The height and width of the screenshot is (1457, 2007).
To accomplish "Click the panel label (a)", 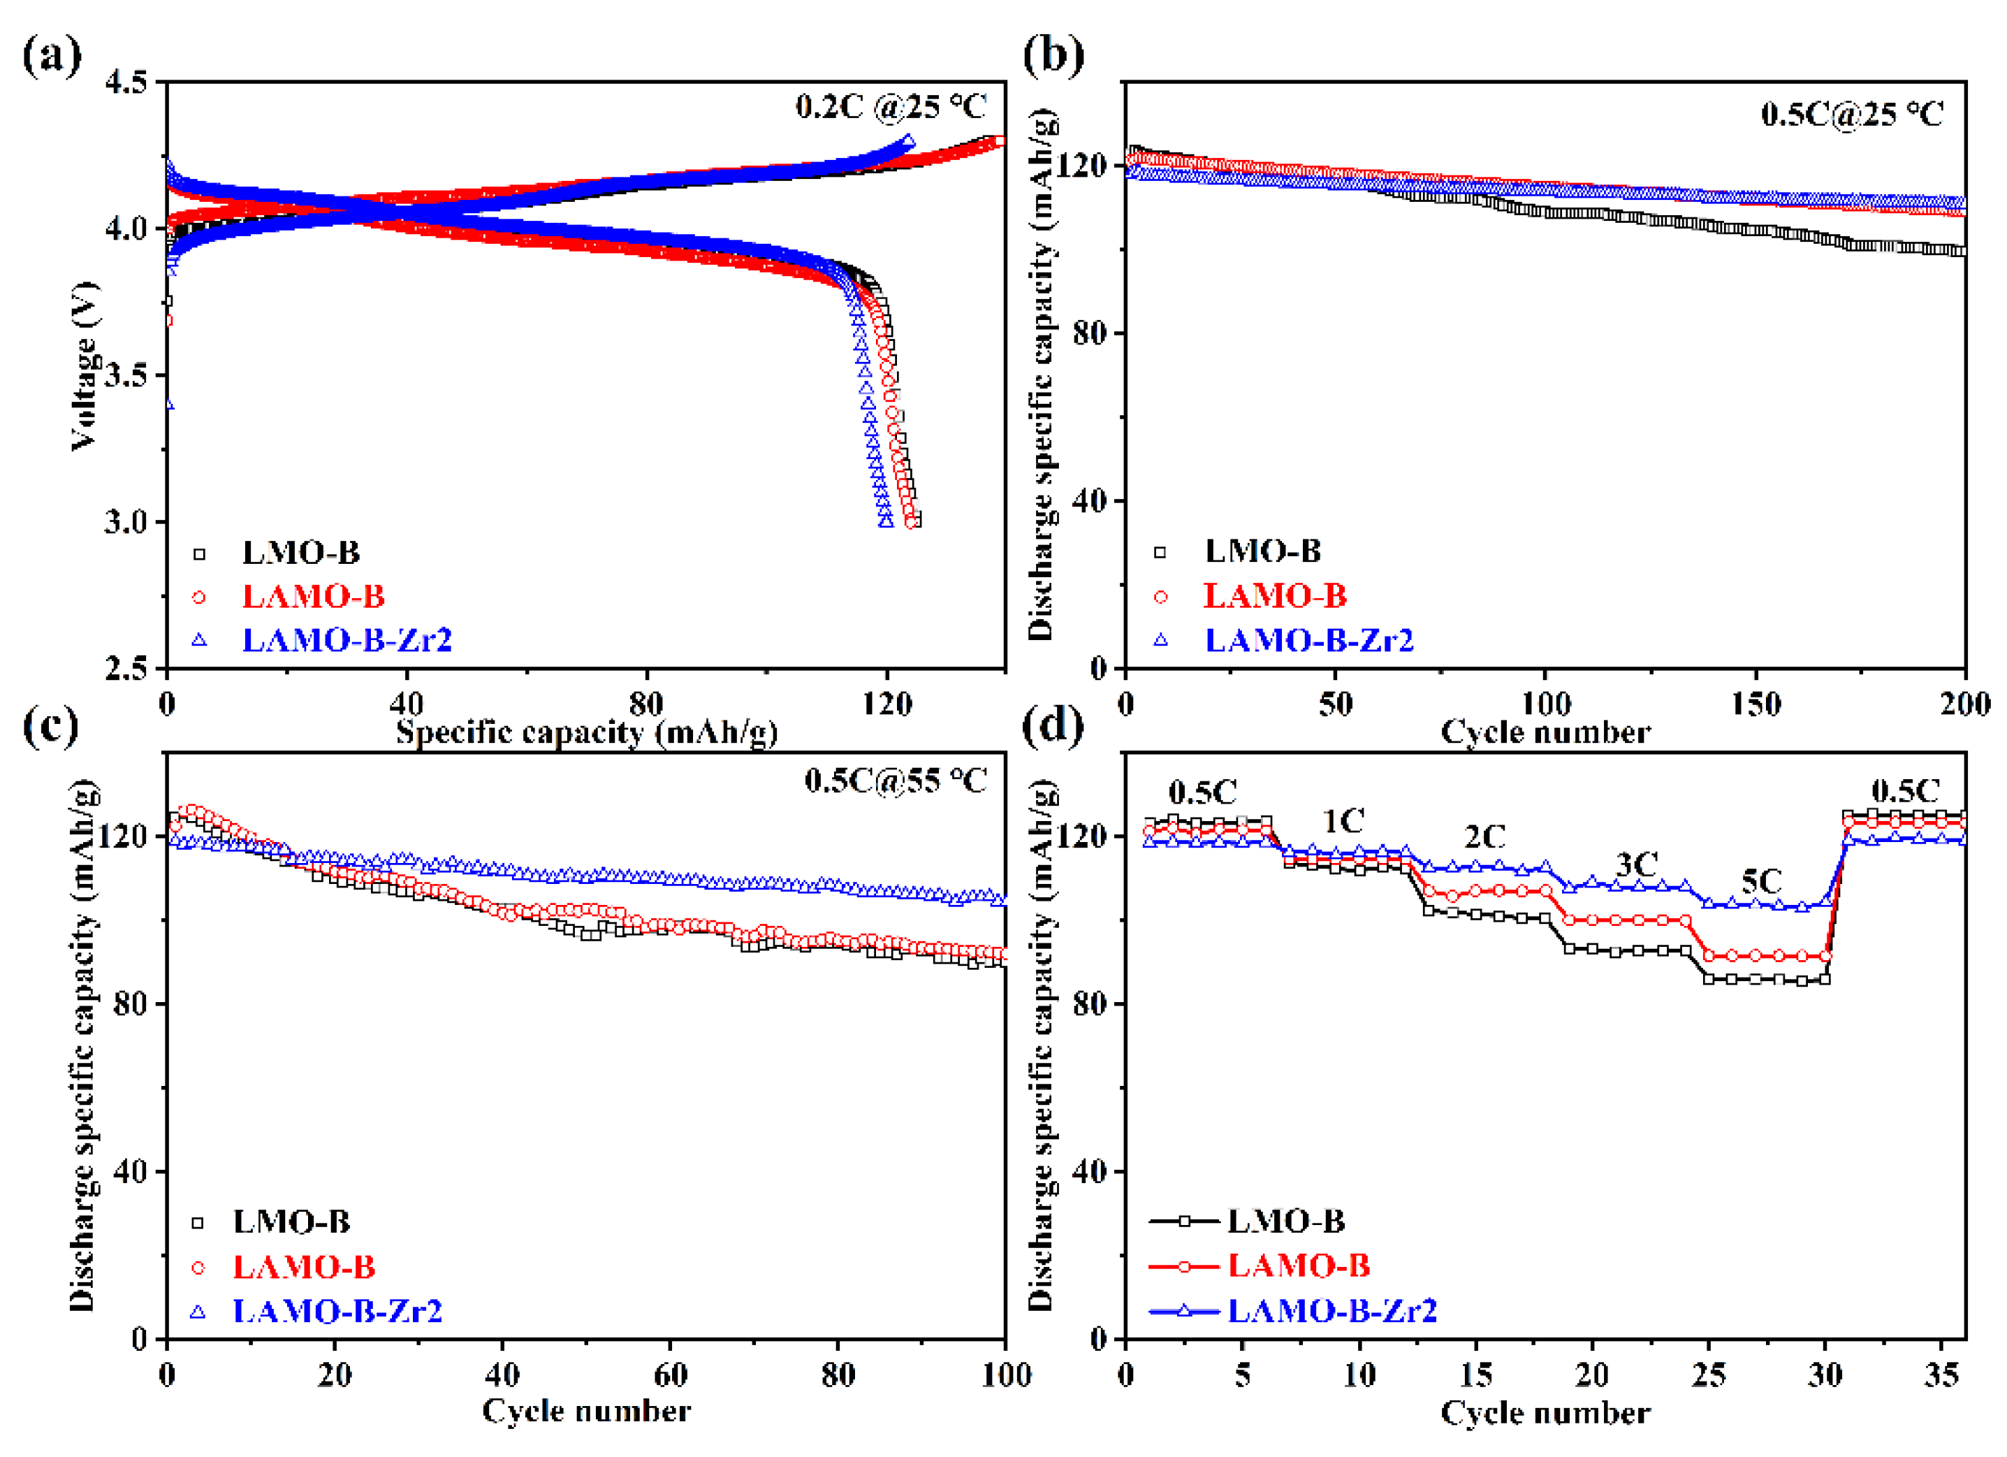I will tap(51, 55).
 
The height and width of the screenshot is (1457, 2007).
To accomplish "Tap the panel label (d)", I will tap(1052, 726).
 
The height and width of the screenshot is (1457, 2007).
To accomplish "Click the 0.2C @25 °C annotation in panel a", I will tap(890, 106).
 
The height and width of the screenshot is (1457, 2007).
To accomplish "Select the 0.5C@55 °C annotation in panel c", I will tap(896, 781).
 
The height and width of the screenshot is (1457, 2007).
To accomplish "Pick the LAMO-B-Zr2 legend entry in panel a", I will tap(346, 640).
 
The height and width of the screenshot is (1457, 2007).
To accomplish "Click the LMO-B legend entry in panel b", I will tap(1262, 551).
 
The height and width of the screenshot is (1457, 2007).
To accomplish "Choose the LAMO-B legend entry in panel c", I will tap(303, 1268).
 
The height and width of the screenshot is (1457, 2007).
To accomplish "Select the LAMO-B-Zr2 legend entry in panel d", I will tap(1331, 1311).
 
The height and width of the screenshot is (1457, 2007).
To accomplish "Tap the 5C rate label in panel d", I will tap(1761, 883).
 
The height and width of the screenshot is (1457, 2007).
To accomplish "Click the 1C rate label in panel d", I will tap(1343, 822).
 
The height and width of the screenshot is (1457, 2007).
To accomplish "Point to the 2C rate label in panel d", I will tap(1484, 837).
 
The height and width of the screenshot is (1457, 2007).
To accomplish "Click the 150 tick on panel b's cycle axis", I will tap(1756, 704).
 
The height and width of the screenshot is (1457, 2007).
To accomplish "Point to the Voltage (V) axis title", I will tap(84, 365).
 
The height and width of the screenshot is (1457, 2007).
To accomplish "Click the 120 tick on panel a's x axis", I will tap(886, 704).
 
